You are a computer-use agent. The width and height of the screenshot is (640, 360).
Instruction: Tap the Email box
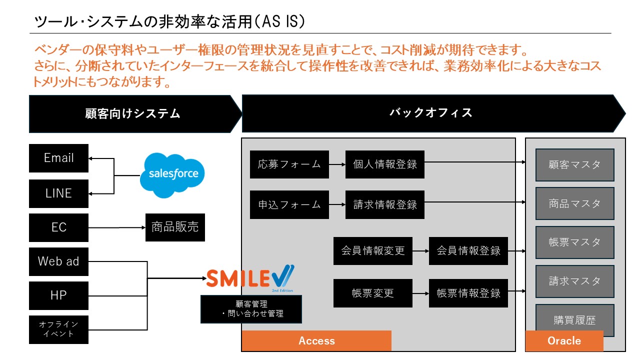point(58,158)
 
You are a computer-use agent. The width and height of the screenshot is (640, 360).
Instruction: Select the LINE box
point(58,193)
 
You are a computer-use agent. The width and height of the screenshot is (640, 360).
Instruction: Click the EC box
point(58,227)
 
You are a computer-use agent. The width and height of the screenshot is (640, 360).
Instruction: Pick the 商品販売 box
point(175,227)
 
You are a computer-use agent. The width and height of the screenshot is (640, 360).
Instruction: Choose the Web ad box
point(58,261)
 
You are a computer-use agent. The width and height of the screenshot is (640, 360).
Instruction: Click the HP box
point(58,295)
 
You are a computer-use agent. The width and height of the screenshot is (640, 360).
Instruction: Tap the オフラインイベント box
point(58,329)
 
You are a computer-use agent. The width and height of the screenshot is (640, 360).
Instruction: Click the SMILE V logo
point(250,278)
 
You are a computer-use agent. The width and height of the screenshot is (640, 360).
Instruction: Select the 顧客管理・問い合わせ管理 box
point(251,308)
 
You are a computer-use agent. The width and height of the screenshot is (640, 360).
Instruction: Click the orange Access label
point(316,341)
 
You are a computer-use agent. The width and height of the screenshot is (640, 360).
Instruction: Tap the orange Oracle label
point(564,341)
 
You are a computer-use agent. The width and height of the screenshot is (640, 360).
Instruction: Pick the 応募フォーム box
point(289,164)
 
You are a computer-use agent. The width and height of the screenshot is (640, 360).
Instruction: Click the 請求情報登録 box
point(384,204)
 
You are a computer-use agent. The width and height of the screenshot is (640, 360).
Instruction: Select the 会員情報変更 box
point(373,251)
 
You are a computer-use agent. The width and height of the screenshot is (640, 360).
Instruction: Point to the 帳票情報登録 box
point(468,293)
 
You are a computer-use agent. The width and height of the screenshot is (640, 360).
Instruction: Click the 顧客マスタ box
point(574,164)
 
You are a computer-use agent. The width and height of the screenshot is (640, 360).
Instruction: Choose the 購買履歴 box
point(574,320)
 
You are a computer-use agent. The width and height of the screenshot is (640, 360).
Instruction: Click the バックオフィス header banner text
point(430,112)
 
